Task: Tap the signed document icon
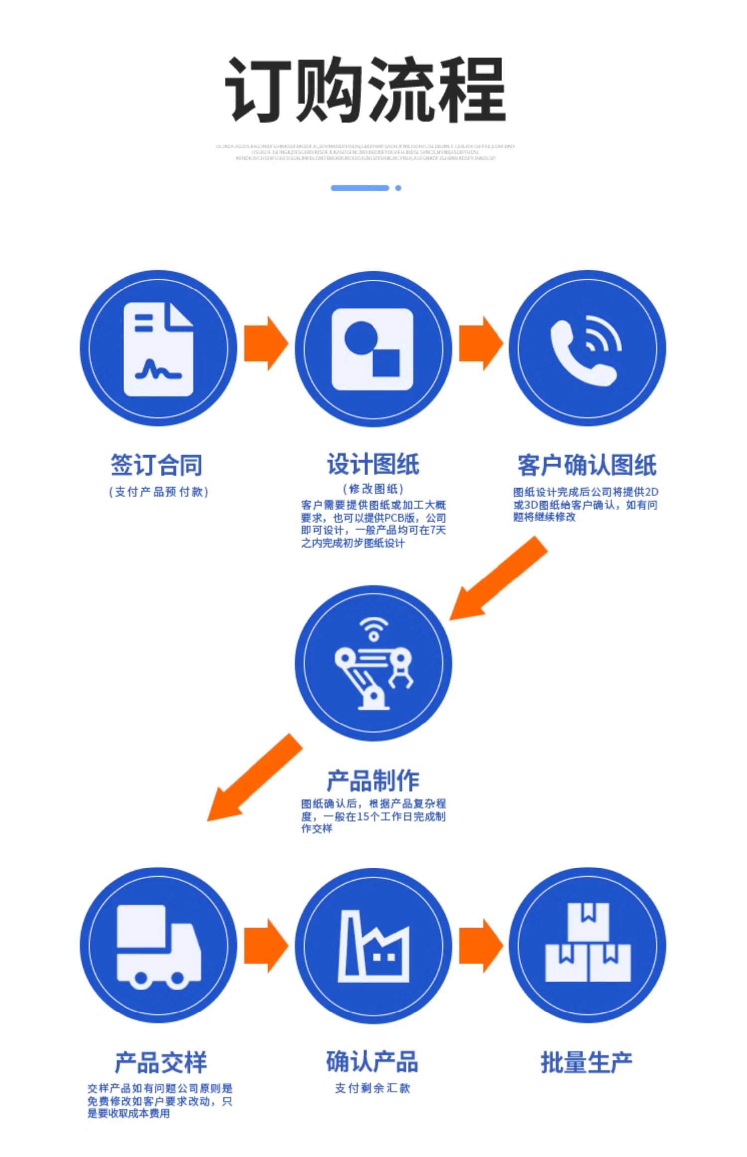coord(158,349)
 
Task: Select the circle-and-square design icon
coord(373,349)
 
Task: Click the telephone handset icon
coord(586,350)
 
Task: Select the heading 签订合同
coord(156,465)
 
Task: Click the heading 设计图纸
coord(373,465)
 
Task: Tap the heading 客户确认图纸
coord(587,465)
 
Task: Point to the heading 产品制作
coord(373,780)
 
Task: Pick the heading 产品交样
coord(160,1063)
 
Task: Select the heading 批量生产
coord(587,1063)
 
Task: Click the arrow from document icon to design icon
coord(265,343)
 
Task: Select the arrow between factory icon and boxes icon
coord(481,946)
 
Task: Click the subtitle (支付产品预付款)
coord(158,492)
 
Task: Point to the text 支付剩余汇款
coord(373,1088)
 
